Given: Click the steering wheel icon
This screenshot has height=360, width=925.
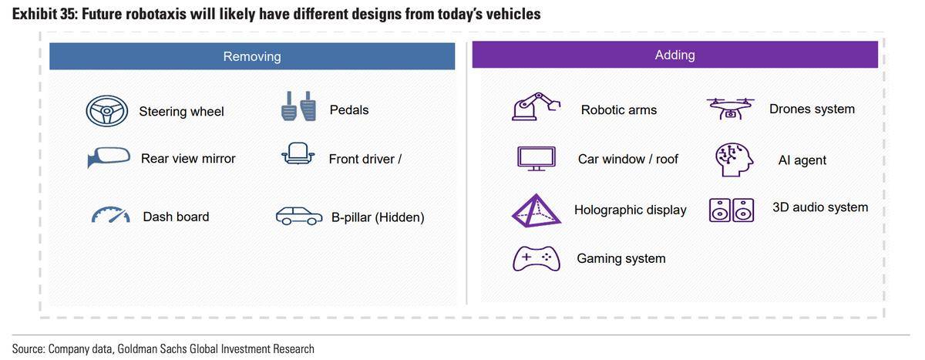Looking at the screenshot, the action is point(107,111).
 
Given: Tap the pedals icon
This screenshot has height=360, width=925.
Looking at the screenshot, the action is point(298,106).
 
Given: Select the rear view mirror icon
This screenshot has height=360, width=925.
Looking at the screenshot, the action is point(109,157).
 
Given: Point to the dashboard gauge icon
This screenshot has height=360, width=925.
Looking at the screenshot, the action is point(110,214).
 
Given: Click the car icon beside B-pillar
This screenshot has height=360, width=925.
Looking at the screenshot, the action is point(299,216).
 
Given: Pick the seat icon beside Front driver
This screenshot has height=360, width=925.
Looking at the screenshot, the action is point(298,153).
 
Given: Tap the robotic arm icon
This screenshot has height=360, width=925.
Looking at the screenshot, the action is point(536,106).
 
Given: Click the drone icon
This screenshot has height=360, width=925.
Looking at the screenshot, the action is point(730,109).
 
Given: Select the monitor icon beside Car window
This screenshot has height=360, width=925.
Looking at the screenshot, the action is point(536,159).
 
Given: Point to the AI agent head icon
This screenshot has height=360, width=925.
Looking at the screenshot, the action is point(734,160).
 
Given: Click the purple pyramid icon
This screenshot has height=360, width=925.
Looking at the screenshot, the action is point(536,210).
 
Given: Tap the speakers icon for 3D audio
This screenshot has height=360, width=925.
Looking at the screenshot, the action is point(732,210).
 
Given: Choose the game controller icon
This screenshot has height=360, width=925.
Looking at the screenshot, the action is point(536,258).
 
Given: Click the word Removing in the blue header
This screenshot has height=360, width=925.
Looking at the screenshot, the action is point(252,56).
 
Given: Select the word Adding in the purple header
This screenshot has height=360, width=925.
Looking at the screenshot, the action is point(674,55).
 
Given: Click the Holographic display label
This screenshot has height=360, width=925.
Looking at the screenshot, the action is point(631,210).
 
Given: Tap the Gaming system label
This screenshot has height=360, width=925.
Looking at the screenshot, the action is point(621,258).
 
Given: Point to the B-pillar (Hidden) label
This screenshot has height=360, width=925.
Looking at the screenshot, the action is point(378,217).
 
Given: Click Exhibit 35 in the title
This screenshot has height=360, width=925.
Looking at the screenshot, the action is point(45,15).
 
